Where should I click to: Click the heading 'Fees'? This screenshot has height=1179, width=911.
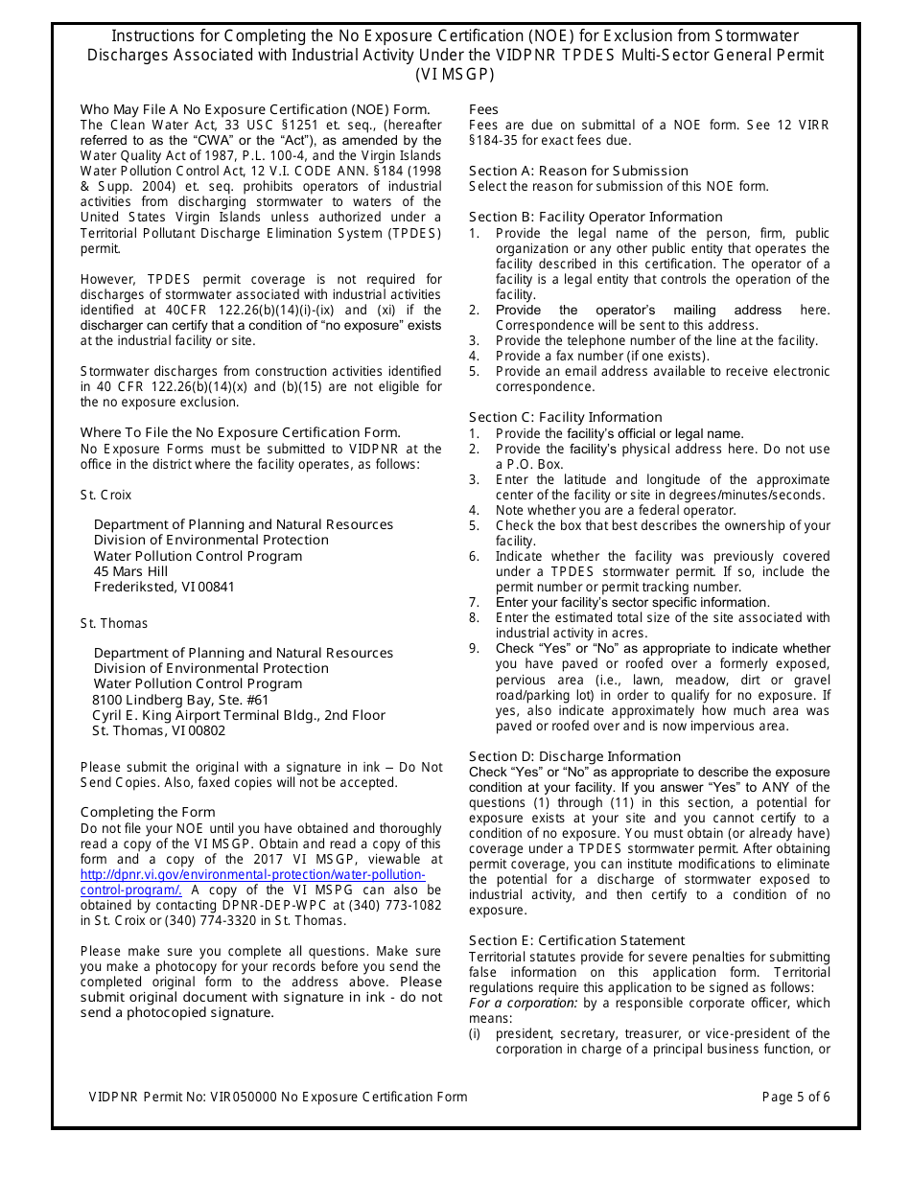(x=483, y=109)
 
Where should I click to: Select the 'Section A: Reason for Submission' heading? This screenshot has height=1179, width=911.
(x=578, y=171)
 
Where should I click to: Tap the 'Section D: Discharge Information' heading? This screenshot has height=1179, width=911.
(x=574, y=756)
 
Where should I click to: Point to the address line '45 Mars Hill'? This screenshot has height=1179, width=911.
(x=130, y=571)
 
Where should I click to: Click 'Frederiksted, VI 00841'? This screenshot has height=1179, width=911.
(x=164, y=587)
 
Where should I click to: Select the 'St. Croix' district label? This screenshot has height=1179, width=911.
(x=105, y=495)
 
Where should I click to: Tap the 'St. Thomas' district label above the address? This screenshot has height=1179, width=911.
(x=114, y=623)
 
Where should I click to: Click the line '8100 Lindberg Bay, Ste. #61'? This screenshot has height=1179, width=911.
(x=180, y=700)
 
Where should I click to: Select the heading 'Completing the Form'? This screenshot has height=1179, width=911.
(x=148, y=812)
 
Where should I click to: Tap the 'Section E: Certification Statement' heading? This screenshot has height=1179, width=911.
(x=576, y=940)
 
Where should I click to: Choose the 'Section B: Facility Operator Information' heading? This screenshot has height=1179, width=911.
(x=596, y=217)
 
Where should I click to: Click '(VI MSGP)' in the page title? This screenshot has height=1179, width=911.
(x=455, y=74)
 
